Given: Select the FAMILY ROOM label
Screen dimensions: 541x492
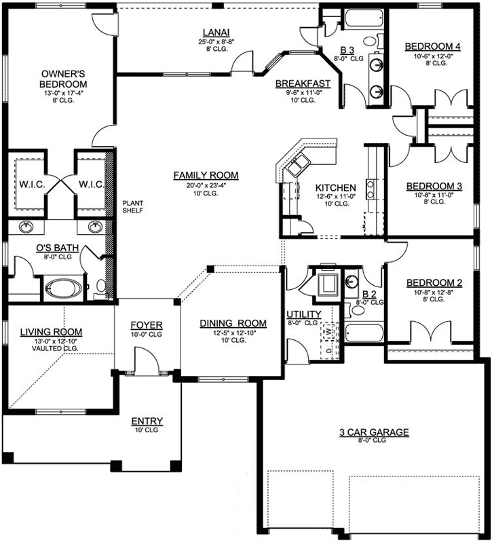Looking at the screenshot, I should (x=205, y=175).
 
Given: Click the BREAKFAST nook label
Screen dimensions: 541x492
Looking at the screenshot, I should (x=303, y=83).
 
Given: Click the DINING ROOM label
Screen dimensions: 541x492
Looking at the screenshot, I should (x=233, y=323).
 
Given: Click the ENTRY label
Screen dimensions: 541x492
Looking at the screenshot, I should (x=147, y=421).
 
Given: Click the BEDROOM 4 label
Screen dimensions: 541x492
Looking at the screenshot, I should (x=433, y=46).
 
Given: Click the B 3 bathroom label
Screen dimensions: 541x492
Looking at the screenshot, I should (x=347, y=50).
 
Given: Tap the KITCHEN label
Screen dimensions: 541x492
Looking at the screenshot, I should (x=336, y=187).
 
